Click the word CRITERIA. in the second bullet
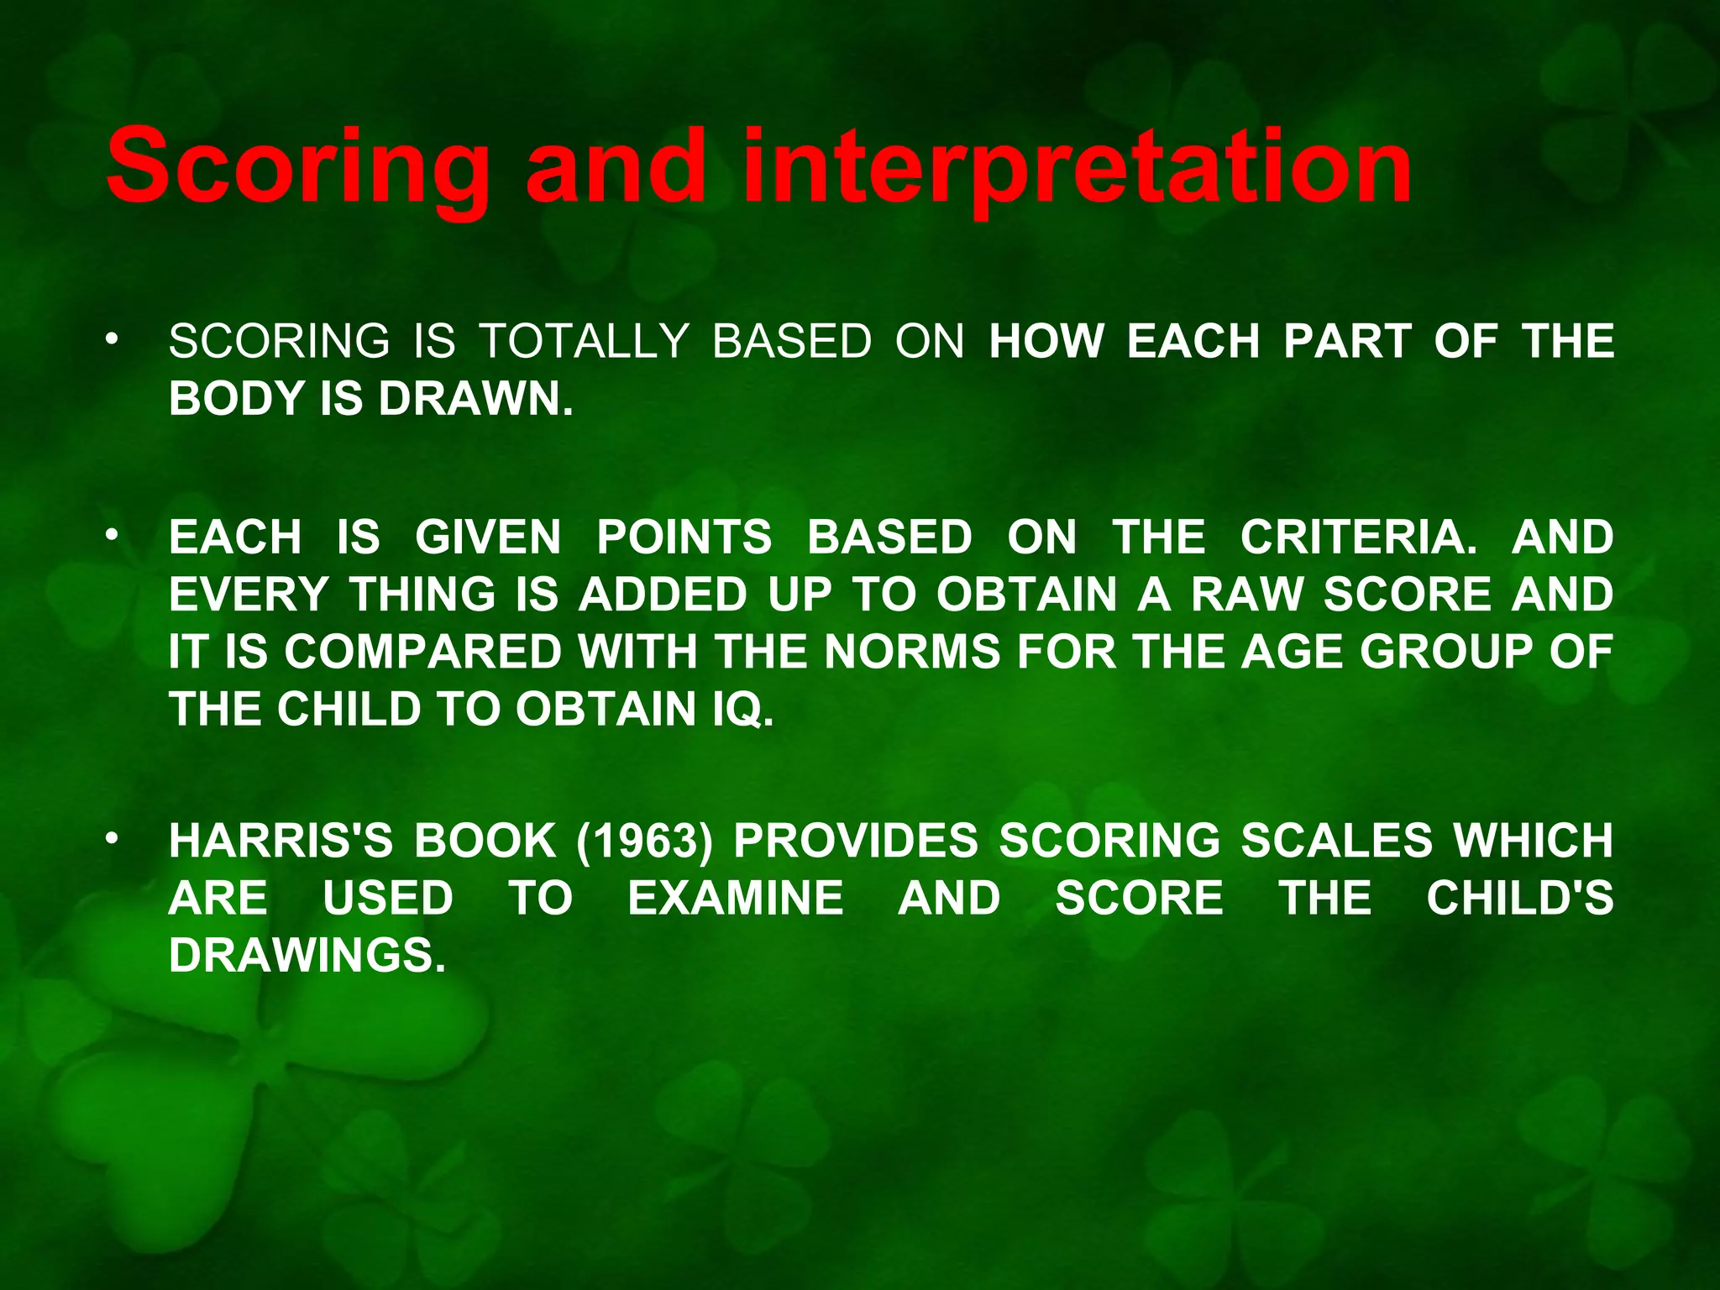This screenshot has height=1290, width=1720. pos(1358,537)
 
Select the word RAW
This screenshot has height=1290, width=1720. pos(1246,595)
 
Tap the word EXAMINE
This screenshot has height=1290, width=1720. pos(736,898)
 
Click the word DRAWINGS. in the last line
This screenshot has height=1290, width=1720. pos(307,956)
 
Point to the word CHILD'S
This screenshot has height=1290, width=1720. pos(1519,898)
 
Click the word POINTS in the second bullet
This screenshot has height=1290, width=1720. pos(684,537)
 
